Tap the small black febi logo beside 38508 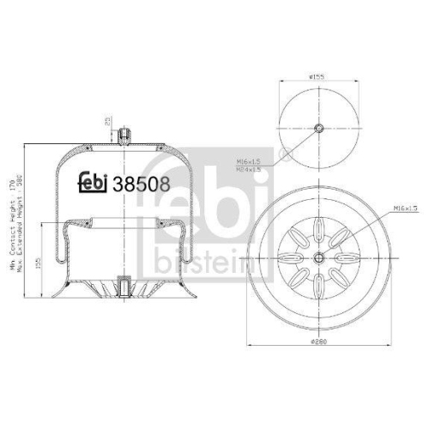94,182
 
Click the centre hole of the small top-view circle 319,130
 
